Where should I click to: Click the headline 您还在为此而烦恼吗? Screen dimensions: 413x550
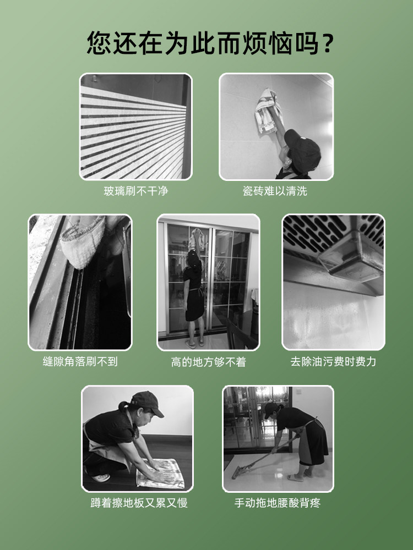coord(210,43)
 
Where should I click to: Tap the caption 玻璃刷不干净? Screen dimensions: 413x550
coord(136,191)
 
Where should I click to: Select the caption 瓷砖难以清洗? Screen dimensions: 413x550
coord(275,191)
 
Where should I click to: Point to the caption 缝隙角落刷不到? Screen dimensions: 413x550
coord(80,362)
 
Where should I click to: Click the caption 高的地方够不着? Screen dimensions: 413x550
coord(209,362)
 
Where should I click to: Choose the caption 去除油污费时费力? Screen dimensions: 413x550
coord(333,362)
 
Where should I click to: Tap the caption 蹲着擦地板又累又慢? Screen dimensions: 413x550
coord(139,503)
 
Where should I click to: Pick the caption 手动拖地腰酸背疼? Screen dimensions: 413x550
coord(278,503)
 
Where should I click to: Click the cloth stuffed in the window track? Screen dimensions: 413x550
coord(83,242)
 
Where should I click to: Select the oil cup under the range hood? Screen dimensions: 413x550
coord(351,258)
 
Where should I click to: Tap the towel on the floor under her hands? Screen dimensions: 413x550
coord(160,473)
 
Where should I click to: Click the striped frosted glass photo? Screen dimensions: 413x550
coord(135,127)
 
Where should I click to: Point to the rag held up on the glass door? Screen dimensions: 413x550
coord(197,239)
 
